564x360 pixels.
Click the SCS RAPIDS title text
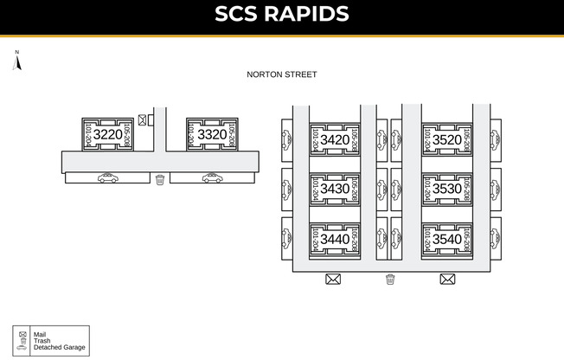(282, 15)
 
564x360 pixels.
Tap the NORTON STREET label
(282, 74)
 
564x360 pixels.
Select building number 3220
(107, 135)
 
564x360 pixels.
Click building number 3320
(212, 135)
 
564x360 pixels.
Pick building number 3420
(335, 139)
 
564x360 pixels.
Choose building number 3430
(335, 189)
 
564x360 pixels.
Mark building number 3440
(335, 239)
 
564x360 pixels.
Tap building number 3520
(447, 139)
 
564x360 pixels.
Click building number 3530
(447, 189)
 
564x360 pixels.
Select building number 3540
(447, 239)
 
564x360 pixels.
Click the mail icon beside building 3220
(143, 119)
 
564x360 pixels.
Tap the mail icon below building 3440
(333, 279)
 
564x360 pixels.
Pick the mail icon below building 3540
(447, 279)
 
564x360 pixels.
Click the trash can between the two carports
(160, 179)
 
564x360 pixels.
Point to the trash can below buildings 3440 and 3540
(390, 279)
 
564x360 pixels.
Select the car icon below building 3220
(108, 178)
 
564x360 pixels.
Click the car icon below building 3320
(212, 178)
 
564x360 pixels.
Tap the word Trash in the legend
(42, 340)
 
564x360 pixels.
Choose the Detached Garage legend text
(59, 347)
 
